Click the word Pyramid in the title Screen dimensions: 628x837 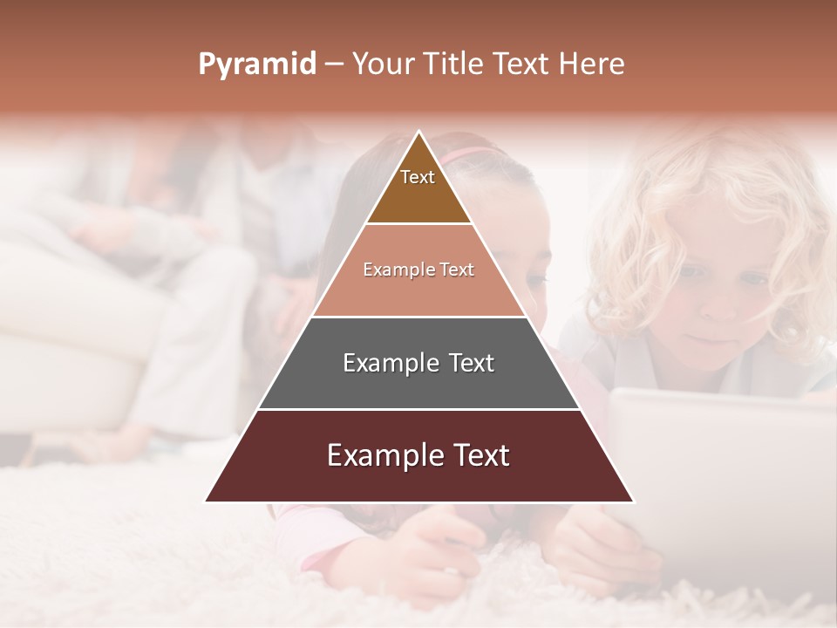(256, 65)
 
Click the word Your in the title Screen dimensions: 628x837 (384, 64)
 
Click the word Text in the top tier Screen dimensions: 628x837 (418, 177)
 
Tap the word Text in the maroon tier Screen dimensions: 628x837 (475, 455)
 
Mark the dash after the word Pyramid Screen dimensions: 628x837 (334, 65)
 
